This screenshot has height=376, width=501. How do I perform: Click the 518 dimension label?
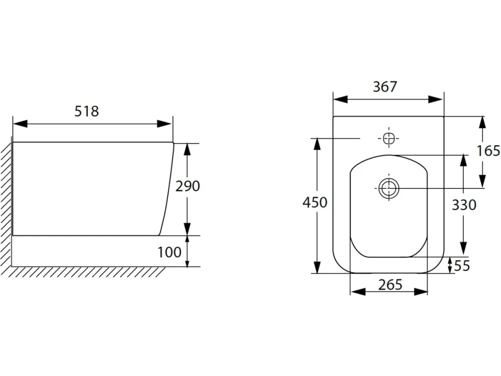click(87, 111)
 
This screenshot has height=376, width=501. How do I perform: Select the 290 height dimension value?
click(187, 186)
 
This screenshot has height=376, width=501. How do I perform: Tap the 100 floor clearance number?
click(169, 252)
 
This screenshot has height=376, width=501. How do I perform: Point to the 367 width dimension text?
click(385, 87)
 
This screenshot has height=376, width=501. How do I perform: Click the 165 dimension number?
click(488, 150)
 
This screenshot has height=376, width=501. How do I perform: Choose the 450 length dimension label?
click(315, 202)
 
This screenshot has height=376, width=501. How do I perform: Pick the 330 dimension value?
click(464, 205)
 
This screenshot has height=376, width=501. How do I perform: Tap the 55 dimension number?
click(462, 266)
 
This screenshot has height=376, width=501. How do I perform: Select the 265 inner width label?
click(390, 285)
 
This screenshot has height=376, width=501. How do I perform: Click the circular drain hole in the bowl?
click(389, 188)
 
